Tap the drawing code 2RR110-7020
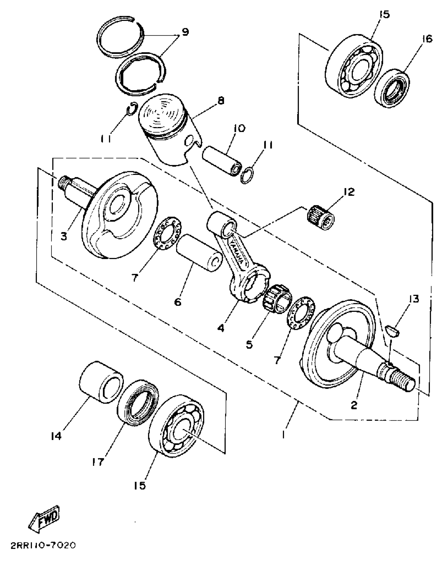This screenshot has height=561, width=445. [43, 545]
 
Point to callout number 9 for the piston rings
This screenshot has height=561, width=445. [185, 32]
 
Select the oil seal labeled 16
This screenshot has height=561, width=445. [392, 88]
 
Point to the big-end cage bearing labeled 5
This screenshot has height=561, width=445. [277, 299]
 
